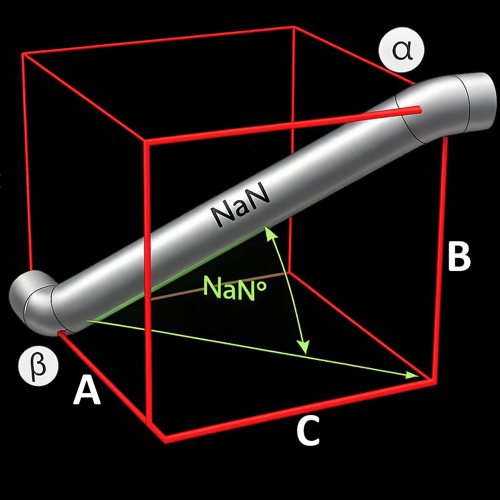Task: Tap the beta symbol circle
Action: click(39, 365)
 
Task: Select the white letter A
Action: click(87, 390)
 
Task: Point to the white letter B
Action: click(459, 256)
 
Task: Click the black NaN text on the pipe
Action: click(242, 204)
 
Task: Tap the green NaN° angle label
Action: click(234, 288)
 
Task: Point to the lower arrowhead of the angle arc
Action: click(303, 347)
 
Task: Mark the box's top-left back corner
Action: click(23, 54)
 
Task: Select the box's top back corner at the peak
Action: click(293, 28)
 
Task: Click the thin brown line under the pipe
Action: click(217, 286)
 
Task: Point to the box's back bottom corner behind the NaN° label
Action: click(289, 273)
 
